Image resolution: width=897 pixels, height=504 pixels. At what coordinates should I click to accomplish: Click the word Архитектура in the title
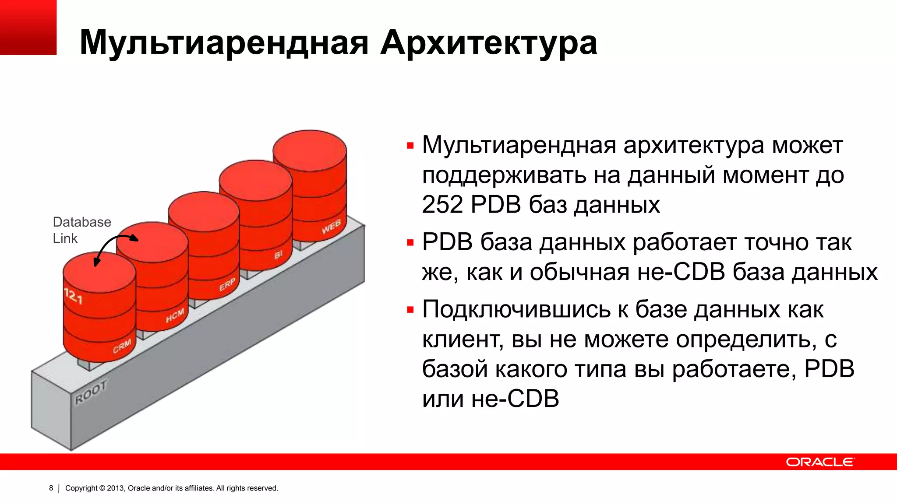[x=488, y=43]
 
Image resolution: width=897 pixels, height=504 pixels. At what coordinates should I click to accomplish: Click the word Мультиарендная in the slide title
[x=224, y=43]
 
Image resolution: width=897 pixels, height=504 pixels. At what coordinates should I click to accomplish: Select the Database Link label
[x=81, y=230]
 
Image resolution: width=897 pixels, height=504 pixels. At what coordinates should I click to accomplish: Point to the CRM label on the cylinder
[x=122, y=346]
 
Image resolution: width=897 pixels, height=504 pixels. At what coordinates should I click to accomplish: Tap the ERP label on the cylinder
[x=227, y=284]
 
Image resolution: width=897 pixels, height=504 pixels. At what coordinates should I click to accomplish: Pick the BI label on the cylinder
[x=279, y=255]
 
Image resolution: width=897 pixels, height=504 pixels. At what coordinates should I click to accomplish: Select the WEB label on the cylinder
[x=331, y=227]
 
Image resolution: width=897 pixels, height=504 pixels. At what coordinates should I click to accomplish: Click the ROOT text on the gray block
[x=91, y=392]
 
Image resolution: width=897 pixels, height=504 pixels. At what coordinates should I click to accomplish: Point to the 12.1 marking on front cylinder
[x=73, y=296]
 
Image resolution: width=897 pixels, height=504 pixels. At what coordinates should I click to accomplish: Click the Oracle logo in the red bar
[x=819, y=462]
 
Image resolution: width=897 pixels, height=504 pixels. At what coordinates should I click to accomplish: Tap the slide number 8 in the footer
[x=51, y=488]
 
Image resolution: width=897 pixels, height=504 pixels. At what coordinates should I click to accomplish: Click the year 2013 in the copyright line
[x=116, y=488]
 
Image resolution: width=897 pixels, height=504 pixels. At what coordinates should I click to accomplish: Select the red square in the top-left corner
[x=28, y=27]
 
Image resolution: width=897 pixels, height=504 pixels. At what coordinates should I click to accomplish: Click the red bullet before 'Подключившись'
[x=410, y=310]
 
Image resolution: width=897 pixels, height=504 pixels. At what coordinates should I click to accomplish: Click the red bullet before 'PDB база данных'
[x=410, y=243]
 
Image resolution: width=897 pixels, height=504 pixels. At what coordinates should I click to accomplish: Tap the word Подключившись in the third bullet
[x=516, y=310]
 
